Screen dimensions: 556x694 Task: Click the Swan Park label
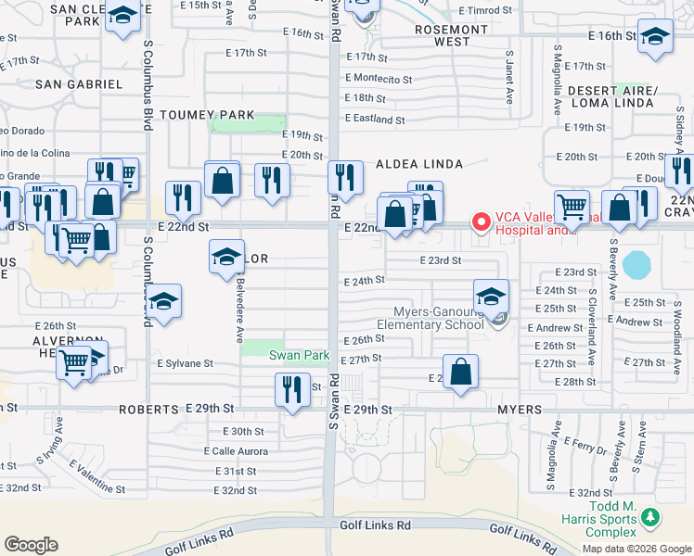300,355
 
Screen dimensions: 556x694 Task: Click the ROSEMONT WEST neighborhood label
450,35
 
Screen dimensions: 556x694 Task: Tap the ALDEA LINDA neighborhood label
418,164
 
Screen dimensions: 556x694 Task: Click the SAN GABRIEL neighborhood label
79,84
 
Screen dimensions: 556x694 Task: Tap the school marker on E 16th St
655,37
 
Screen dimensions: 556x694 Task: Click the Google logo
31,545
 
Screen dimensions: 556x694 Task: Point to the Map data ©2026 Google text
636,548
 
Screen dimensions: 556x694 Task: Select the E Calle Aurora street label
236,451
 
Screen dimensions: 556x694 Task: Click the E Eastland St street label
375,120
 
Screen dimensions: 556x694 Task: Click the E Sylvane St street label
185,364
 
